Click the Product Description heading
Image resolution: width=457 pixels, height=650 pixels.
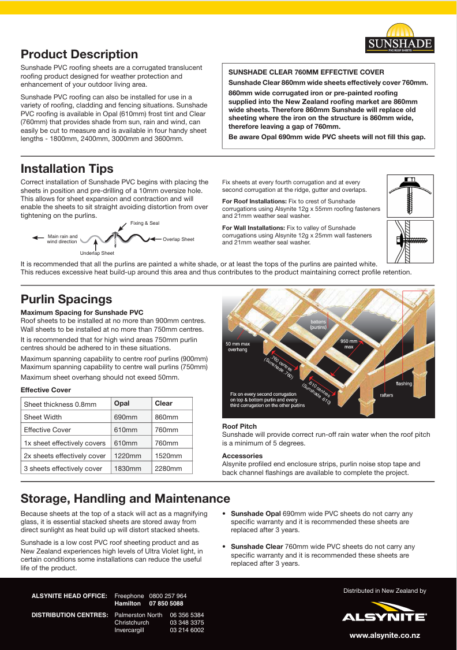point(79,54)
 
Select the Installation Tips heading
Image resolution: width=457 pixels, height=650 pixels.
point(67,169)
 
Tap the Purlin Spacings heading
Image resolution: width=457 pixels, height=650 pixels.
point(66,299)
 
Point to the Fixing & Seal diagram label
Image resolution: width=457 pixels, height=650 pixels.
point(145,223)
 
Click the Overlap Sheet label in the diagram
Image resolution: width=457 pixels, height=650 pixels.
point(178,239)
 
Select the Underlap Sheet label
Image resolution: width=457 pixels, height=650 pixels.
point(97,253)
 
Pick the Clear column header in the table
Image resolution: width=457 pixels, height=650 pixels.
point(164,403)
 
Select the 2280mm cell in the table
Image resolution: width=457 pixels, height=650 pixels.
point(167,469)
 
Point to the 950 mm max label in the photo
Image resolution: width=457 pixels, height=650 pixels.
point(349,344)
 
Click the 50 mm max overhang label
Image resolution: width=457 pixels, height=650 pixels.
point(237,347)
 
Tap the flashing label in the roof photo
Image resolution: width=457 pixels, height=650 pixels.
point(404,384)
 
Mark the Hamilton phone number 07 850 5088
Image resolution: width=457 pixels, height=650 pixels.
point(166,603)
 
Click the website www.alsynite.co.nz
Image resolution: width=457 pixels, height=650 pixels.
point(384,636)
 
